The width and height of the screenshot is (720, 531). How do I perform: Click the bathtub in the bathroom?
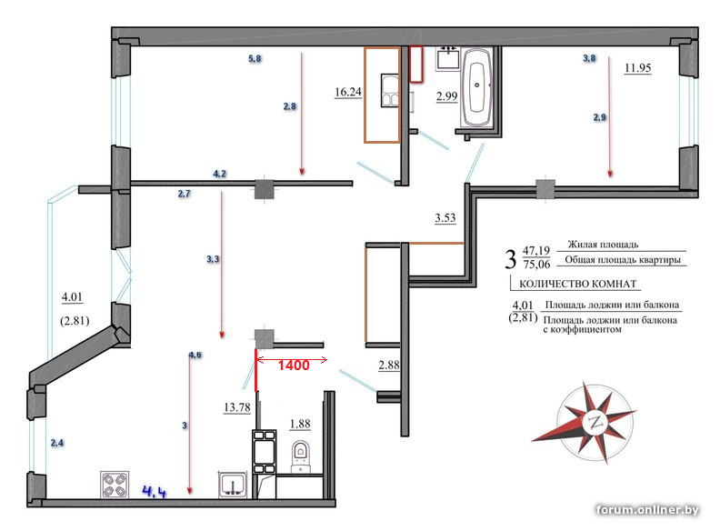click(477, 87)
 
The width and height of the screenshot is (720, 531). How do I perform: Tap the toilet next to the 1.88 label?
click(300, 456)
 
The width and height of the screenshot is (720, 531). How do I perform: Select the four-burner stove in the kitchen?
click(115, 485)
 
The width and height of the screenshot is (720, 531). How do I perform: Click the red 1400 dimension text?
click(294, 366)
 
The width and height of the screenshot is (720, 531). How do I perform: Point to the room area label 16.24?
click(348, 92)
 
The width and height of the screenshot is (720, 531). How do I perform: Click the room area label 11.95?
click(638, 68)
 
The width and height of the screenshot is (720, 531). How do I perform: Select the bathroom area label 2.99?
click(446, 96)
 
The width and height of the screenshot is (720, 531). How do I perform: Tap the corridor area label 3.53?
click(445, 217)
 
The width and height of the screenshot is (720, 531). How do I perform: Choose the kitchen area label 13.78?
click(237, 407)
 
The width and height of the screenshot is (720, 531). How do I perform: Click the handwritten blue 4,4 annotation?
click(155, 492)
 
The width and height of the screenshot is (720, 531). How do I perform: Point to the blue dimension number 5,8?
click(255, 58)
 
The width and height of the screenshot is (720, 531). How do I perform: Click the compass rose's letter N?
click(596, 422)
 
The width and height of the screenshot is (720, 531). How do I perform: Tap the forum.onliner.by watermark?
click(647, 509)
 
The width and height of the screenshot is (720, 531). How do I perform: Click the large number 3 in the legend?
click(511, 258)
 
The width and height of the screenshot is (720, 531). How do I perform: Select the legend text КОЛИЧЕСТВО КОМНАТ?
click(577, 284)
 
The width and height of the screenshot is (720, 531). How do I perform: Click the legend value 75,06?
click(536, 264)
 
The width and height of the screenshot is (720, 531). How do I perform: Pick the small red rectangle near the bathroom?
click(416, 65)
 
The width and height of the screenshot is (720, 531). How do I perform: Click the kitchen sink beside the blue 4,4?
click(234, 485)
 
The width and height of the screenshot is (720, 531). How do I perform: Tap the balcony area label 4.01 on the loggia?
click(72, 297)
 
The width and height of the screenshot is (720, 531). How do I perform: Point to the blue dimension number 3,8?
click(589, 58)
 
